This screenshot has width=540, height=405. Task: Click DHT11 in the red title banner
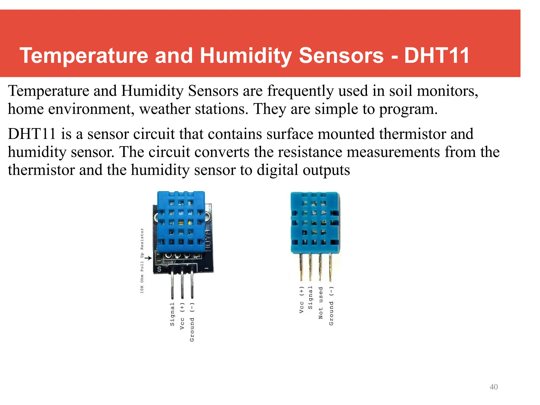point(436,56)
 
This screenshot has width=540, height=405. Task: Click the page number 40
point(493,387)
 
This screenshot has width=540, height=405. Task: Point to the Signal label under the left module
point(172,314)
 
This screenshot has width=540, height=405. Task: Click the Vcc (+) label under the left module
point(182,316)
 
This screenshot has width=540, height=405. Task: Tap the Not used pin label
point(321,303)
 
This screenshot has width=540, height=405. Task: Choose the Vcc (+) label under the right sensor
point(301,300)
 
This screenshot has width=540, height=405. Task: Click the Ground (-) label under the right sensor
point(331,306)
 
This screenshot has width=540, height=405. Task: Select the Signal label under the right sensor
point(310,297)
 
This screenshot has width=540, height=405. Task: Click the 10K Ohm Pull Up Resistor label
point(142,261)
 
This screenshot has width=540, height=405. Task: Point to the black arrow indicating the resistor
point(149,258)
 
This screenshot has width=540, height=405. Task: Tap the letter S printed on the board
point(159,269)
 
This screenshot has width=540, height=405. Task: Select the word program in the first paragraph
point(408,109)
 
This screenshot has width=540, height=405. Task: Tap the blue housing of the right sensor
point(315,223)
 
